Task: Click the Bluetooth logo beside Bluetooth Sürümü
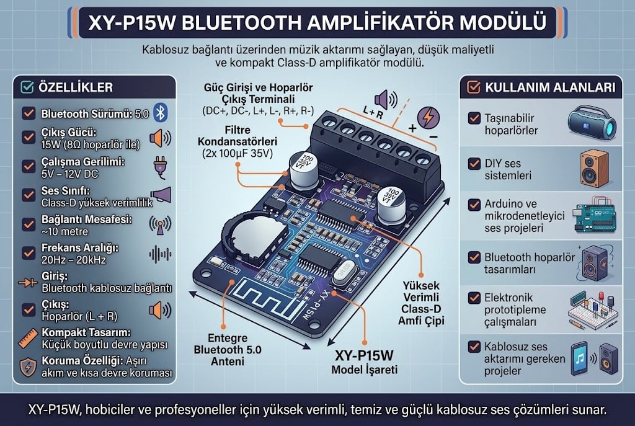point(161,113)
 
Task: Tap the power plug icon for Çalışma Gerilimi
point(161,167)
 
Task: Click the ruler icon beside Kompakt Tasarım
point(29,339)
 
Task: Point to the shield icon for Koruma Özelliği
point(28,367)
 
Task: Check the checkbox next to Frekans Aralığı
point(29,253)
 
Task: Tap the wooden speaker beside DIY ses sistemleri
point(595,169)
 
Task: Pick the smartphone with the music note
point(580,359)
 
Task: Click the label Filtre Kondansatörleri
point(238,136)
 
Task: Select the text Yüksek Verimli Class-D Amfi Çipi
point(421,303)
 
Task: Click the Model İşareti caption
point(364,370)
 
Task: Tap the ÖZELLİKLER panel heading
point(75,87)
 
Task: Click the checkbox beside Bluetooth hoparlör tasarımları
point(474,257)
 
